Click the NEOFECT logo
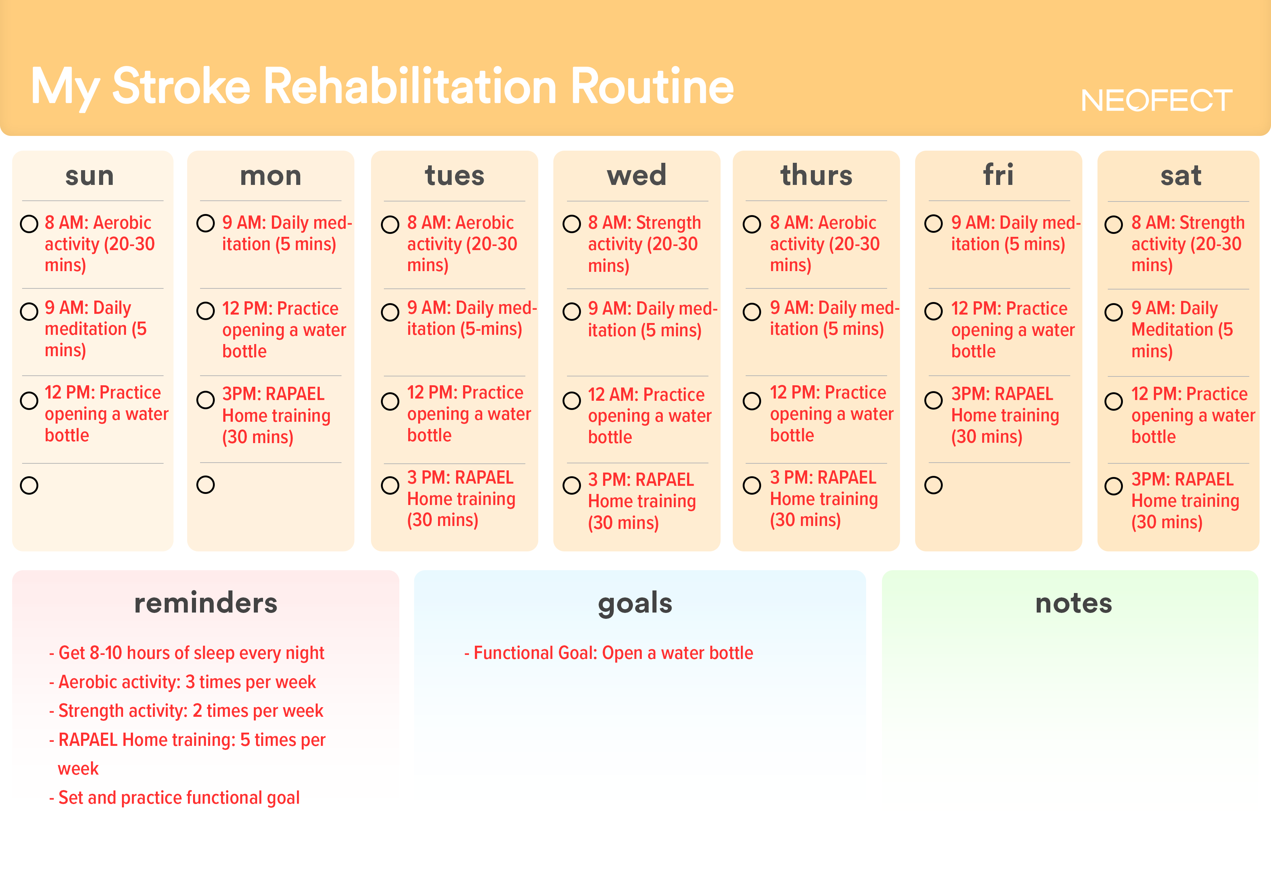[1156, 101]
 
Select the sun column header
[90, 176]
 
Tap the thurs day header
[816, 175]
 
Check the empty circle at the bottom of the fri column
[933, 485]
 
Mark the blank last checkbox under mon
[205, 484]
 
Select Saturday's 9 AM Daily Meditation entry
[1182, 329]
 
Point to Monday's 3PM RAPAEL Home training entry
[276, 415]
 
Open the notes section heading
[1074, 603]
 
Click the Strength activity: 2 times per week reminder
[186, 711]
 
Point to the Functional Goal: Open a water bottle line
[608, 653]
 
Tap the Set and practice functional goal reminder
[174, 798]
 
